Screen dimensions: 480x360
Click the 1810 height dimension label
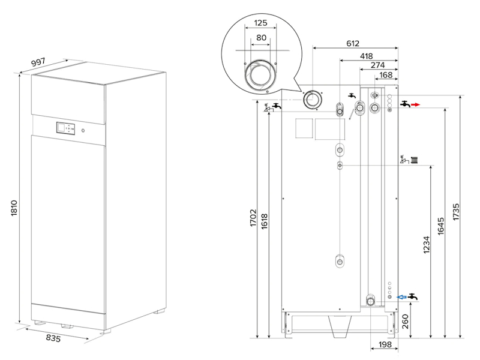pos(14,208)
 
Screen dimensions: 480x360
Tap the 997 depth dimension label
pos(38,62)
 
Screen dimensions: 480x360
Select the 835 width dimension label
pos(53,338)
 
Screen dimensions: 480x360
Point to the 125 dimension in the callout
pos(260,23)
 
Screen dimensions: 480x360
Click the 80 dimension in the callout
pos(261,38)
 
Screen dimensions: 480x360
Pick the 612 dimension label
pos(353,43)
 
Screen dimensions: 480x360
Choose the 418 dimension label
pos(366,56)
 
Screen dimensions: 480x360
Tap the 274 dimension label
pos(378,65)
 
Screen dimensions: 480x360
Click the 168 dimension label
pos(386,75)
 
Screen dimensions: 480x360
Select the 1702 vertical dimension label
pos(253,218)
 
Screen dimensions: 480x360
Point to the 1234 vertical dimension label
pos(427,245)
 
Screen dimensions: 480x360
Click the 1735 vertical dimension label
pos(456,212)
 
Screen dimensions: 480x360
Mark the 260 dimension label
pos(405,322)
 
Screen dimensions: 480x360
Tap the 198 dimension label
pos(385,344)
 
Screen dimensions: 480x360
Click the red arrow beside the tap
pos(415,104)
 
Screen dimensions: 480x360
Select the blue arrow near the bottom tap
pos(401,297)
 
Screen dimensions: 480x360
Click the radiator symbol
pos(414,160)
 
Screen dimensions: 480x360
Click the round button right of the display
pos(83,131)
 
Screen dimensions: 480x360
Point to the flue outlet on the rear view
pos(312,100)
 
